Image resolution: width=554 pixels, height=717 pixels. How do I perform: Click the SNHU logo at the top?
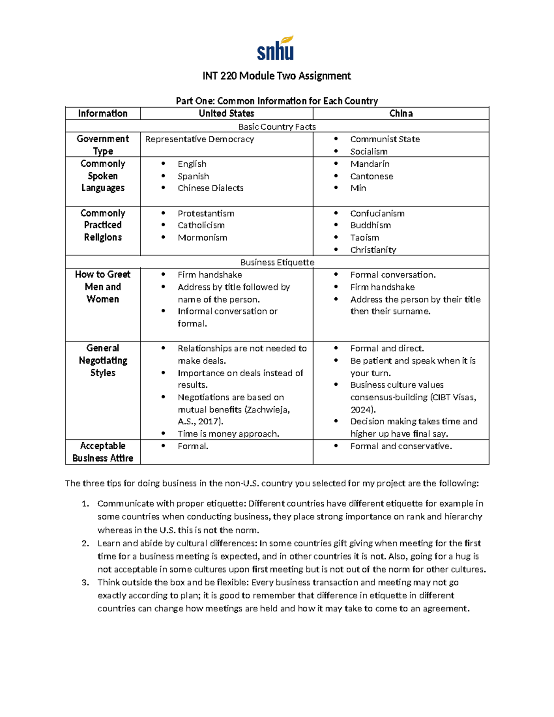click(x=276, y=48)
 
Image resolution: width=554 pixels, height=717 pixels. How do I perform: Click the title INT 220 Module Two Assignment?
click(x=277, y=76)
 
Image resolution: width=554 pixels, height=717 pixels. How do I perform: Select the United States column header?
click(x=226, y=114)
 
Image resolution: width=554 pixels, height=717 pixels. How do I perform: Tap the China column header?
click(x=401, y=114)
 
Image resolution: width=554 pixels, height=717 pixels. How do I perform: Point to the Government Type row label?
click(x=102, y=145)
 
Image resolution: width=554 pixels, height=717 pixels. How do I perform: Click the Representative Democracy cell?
click(x=199, y=139)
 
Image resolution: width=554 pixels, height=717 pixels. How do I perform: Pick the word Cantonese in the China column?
click(x=372, y=176)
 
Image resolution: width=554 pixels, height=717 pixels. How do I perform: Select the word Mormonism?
click(x=202, y=238)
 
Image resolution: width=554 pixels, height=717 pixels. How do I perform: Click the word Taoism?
click(x=365, y=238)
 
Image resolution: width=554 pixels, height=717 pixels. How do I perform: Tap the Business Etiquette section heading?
click(x=277, y=262)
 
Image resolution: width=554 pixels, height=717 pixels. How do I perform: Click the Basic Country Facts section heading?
click(x=277, y=127)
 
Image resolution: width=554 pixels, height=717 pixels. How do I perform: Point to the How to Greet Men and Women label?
click(x=102, y=287)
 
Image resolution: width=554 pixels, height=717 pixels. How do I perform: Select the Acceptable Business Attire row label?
click(x=102, y=452)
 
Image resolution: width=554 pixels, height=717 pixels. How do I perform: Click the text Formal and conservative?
click(x=401, y=446)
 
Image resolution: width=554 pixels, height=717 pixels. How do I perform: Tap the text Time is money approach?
click(x=229, y=434)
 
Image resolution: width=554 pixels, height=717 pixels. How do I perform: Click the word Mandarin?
click(x=370, y=164)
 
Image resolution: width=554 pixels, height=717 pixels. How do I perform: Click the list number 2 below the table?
click(x=85, y=543)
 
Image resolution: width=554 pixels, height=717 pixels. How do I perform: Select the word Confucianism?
click(x=377, y=213)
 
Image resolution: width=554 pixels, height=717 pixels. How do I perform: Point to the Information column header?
click(x=102, y=114)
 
